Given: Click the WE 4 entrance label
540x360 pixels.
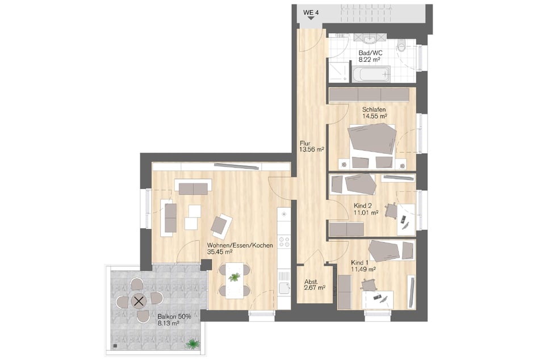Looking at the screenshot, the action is [x=311, y=12].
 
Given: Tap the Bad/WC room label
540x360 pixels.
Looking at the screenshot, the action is [x=370, y=53].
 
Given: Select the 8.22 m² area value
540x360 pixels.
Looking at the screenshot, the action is [x=370, y=60].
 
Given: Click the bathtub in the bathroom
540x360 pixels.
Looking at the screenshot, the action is [x=371, y=74].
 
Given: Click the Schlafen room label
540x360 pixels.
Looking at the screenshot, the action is [x=374, y=110].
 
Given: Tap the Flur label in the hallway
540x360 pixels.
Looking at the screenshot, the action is [x=305, y=143].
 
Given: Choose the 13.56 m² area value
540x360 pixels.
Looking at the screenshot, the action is [x=311, y=149].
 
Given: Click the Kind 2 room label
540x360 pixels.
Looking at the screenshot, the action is [x=363, y=206].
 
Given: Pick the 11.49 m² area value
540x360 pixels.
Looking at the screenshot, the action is [x=363, y=269].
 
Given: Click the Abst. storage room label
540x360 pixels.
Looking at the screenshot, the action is [x=311, y=282].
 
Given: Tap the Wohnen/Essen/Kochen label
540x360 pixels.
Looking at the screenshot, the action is [x=240, y=246].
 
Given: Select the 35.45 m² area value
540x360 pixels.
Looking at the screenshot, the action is [x=219, y=252].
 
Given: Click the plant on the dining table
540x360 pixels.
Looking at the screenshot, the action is [x=235, y=277].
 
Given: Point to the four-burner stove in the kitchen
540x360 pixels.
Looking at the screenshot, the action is [x=284, y=241].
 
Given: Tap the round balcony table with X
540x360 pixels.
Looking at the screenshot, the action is [x=139, y=302].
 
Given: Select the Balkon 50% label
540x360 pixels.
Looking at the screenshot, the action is [x=174, y=316].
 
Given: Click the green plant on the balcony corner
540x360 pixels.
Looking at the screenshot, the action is [x=192, y=344].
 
